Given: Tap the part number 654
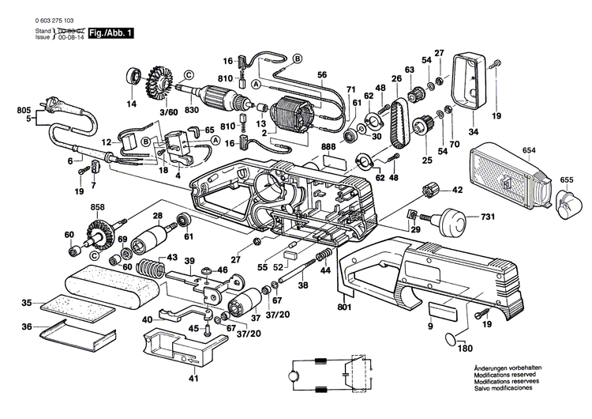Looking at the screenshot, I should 529,149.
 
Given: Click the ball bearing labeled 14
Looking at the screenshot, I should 131,79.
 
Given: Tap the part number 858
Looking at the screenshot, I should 98,207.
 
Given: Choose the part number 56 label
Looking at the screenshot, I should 322,74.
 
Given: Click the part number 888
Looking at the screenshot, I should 327,147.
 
